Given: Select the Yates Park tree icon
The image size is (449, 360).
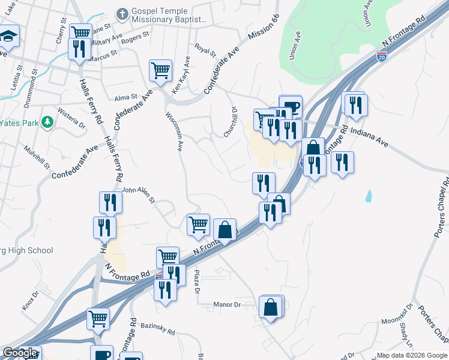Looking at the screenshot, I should [x=47, y=122].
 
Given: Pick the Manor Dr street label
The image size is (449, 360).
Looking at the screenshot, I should [x=227, y=305].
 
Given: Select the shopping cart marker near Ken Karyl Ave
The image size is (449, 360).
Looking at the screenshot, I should [x=160, y=71].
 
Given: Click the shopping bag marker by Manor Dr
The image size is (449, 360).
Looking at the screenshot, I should [x=271, y=307].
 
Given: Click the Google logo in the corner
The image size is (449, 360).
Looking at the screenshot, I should [x=20, y=353].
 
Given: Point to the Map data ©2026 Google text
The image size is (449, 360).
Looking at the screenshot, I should [x=412, y=355].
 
